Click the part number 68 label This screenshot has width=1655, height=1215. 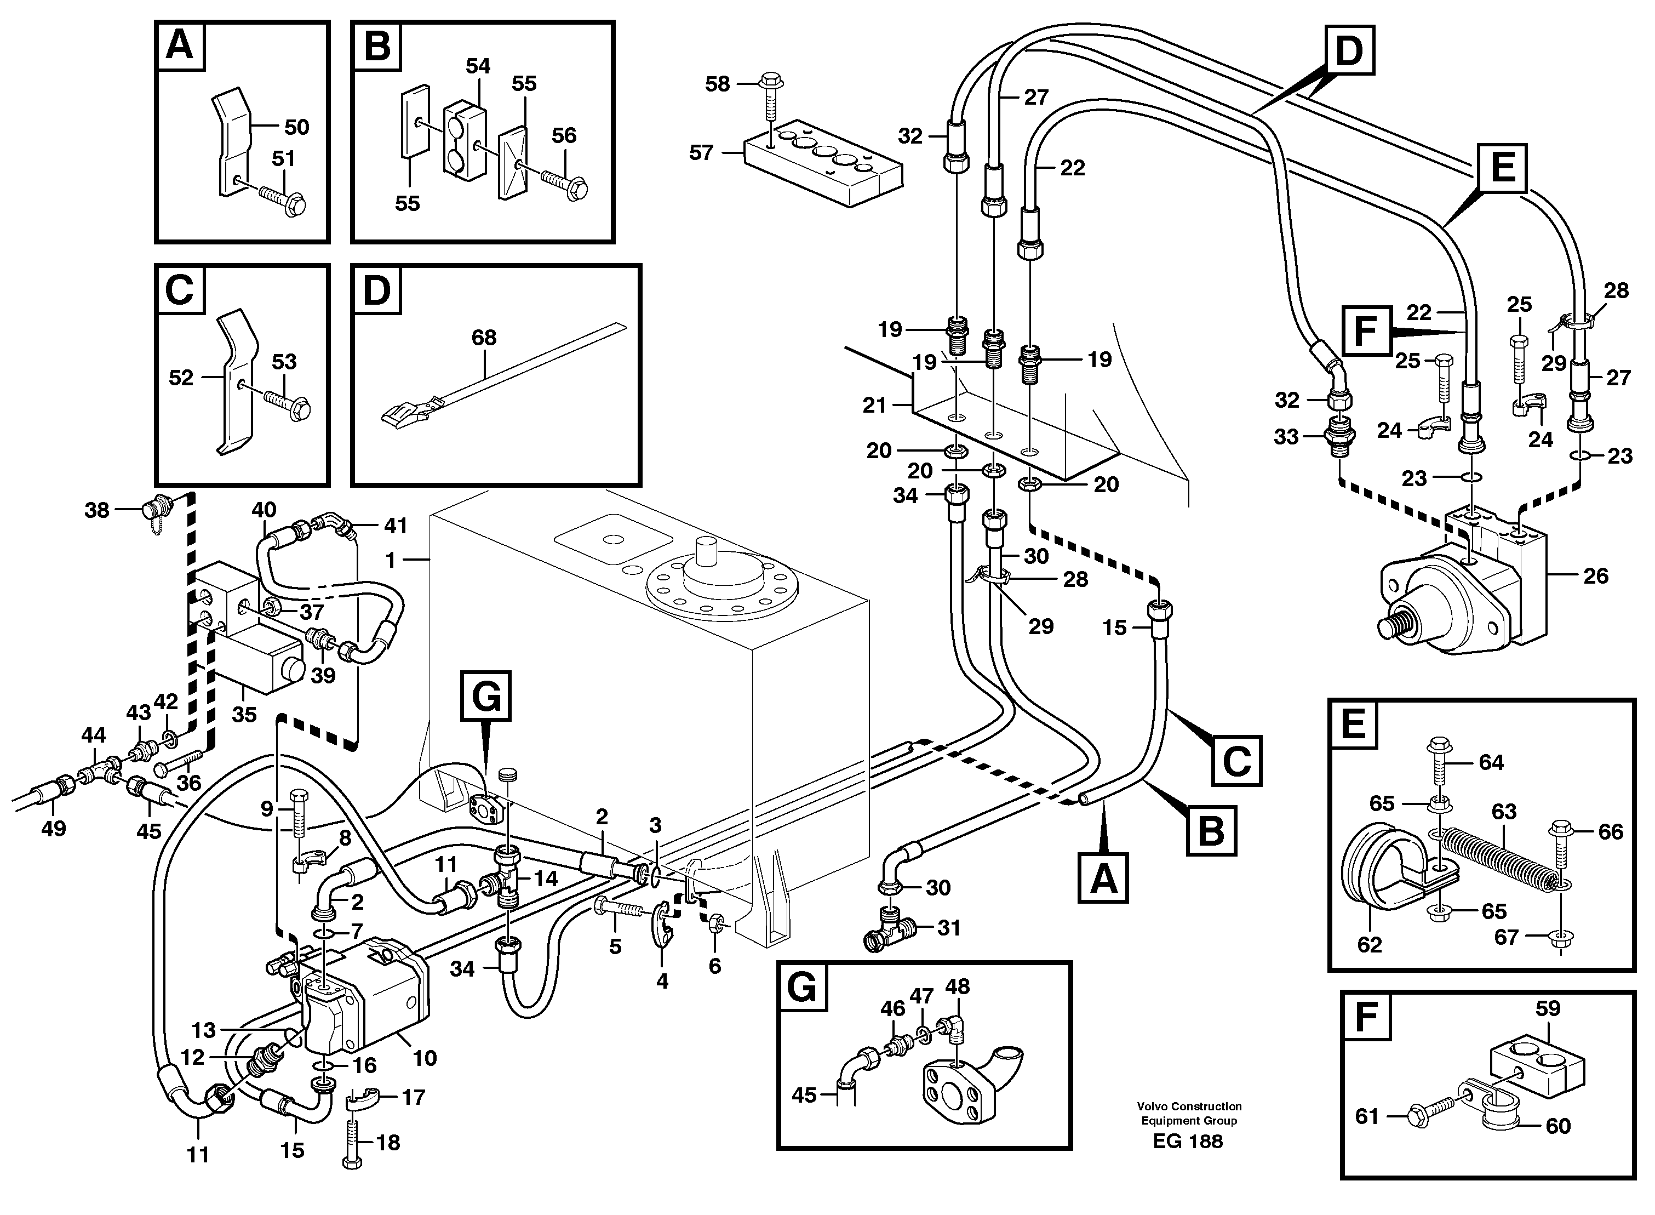click(484, 338)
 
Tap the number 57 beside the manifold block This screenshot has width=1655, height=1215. click(701, 152)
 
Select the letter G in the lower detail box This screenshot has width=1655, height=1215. click(801, 987)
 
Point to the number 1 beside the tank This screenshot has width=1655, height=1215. click(391, 561)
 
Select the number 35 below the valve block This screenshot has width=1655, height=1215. click(244, 714)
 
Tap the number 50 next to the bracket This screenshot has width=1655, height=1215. click(296, 127)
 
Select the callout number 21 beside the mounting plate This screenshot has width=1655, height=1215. click(874, 405)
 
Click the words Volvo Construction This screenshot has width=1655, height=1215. click(1188, 1105)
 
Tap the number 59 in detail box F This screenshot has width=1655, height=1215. click(1548, 1008)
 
